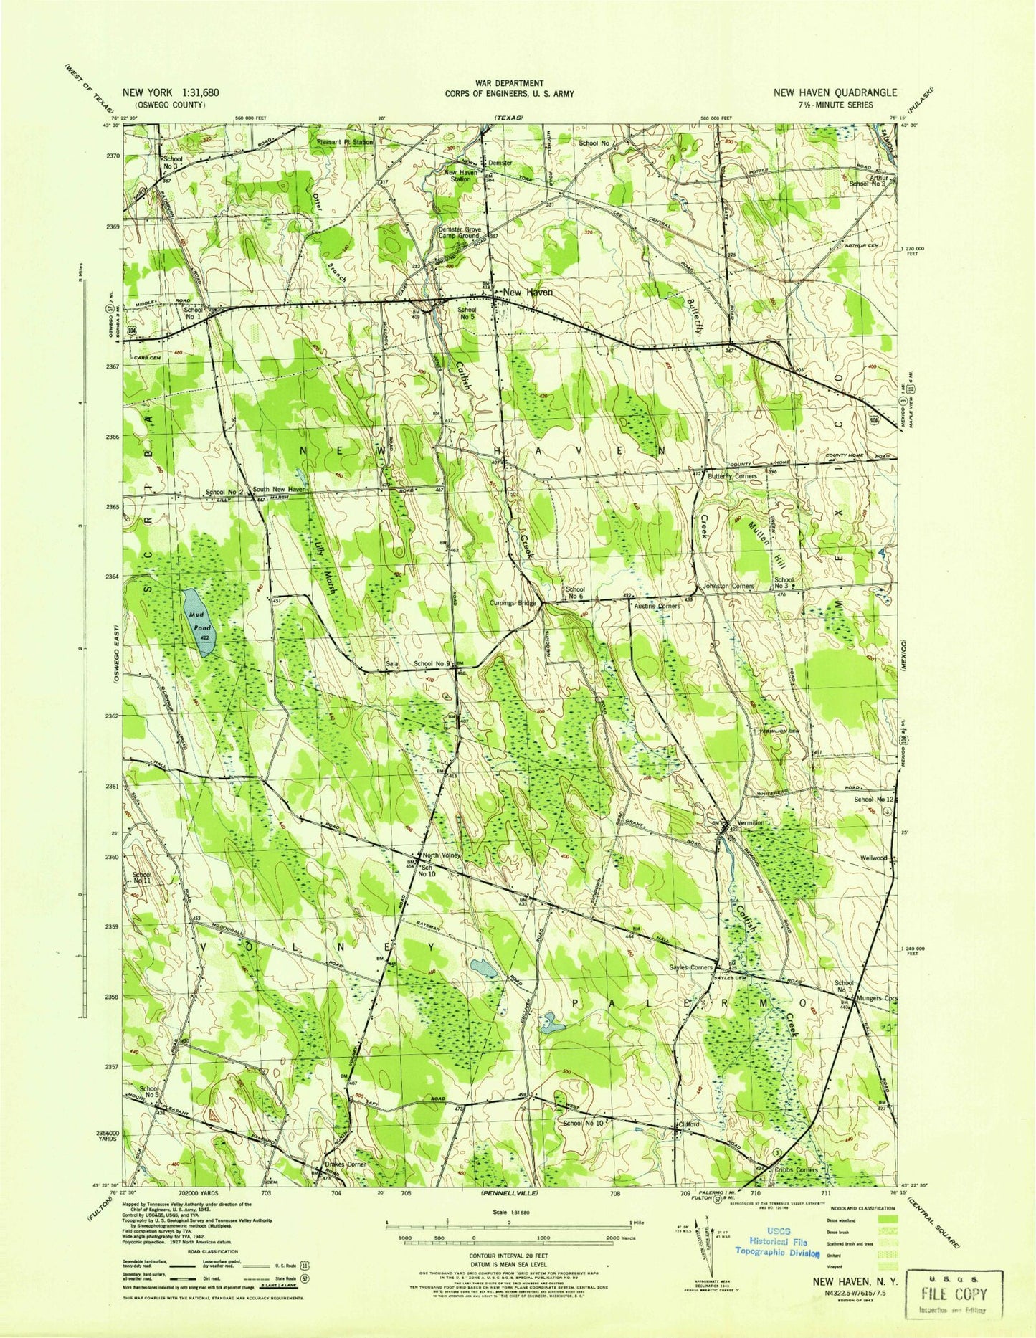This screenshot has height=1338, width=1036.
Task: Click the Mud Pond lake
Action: point(197,622)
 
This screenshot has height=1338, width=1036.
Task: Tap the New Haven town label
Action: point(528,293)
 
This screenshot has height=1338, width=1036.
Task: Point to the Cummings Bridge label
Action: point(513,604)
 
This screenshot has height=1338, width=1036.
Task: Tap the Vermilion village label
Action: point(751,823)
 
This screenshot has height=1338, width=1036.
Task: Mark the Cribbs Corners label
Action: point(796,1169)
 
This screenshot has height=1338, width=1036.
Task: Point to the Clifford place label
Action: point(689,1124)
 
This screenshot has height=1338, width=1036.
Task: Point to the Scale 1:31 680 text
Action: point(509,1213)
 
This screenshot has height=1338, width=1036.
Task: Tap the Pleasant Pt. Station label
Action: point(346,142)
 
